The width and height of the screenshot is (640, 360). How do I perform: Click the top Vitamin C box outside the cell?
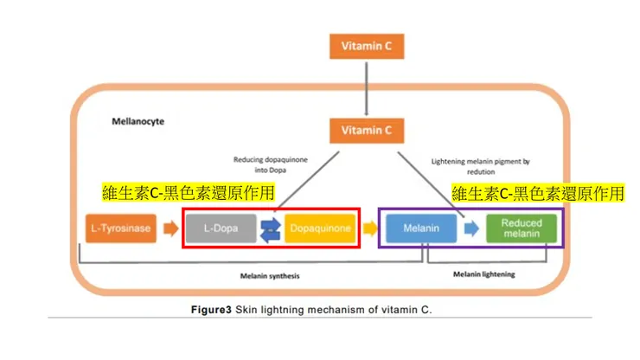(x=367, y=47)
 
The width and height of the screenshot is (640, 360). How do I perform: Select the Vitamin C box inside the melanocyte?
(x=367, y=131)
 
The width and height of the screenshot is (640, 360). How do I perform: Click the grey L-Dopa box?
(x=221, y=228)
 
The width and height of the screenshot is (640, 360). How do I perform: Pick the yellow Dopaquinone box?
(x=319, y=228)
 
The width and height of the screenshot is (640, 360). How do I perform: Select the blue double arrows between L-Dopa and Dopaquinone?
(x=270, y=228)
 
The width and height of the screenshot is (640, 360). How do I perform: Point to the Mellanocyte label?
(x=138, y=122)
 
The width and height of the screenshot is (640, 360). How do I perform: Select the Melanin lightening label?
(x=483, y=274)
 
